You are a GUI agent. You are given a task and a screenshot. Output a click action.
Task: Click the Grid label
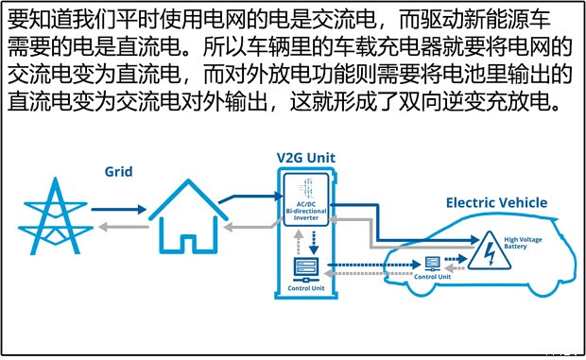click(118, 172)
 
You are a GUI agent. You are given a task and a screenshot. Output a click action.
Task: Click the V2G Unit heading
click(305, 157)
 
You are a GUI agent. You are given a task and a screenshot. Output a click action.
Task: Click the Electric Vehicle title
click(495, 202)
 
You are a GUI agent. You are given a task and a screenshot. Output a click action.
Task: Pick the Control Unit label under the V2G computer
click(306, 288)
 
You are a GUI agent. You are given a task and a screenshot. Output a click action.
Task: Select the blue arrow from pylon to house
click(120, 210)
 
